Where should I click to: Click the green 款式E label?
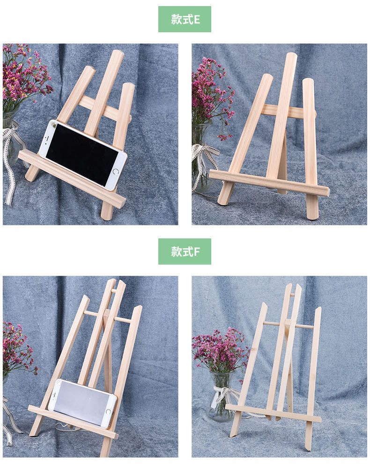185,19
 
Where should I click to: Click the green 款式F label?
185,251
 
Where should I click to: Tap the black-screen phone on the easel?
83,155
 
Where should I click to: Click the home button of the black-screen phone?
116,172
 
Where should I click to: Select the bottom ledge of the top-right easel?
269,182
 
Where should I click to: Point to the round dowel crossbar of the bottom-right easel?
289,325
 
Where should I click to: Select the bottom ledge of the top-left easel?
72,178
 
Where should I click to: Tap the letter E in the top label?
196,19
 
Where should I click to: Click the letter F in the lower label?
196,251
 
